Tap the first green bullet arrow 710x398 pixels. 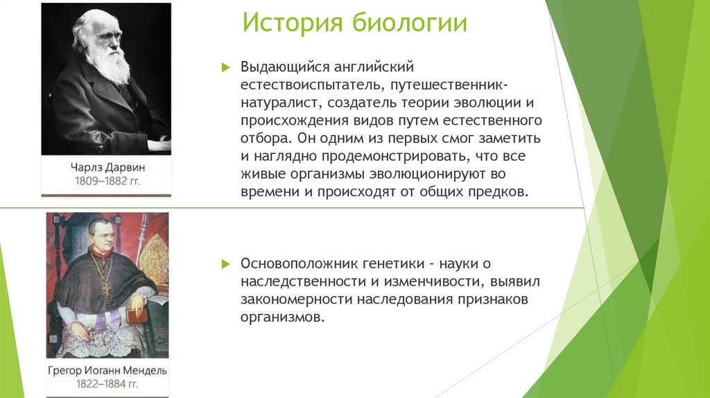coord(224,67)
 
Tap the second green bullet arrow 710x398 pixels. coord(224,264)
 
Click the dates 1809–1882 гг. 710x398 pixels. coord(107,182)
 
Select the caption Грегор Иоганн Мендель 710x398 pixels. coord(107,370)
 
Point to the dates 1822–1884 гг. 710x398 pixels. coord(107,385)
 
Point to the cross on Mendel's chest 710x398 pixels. coord(106,284)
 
